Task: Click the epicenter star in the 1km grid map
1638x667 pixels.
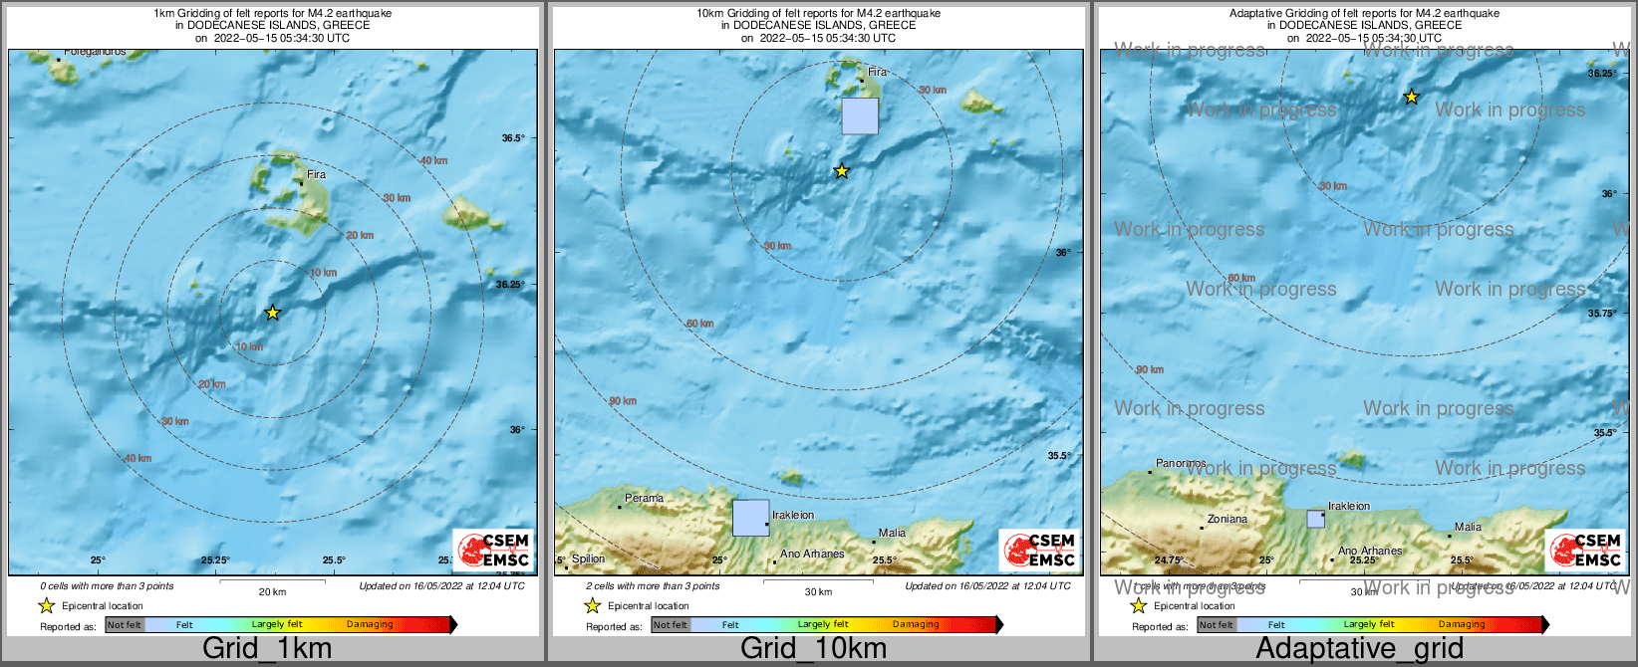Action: pos(272,313)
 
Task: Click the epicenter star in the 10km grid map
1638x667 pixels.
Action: pos(841,171)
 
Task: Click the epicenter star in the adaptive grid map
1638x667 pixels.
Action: pos(1411,97)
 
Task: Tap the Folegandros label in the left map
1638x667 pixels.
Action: pos(95,52)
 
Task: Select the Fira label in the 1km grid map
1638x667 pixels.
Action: pos(316,174)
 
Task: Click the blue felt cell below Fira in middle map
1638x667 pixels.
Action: pos(860,115)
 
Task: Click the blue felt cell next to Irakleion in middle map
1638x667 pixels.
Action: pos(750,518)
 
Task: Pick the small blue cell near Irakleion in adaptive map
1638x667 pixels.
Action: pos(1316,519)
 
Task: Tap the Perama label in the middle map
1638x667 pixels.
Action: pos(644,498)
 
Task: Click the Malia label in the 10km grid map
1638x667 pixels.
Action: pos(892,533)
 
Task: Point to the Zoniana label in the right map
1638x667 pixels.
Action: pos(1227,519)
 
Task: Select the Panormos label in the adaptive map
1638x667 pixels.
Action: pos(1181,464)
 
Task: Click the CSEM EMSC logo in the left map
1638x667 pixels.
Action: pos(493,550)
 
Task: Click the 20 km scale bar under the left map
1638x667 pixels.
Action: pos(272,581)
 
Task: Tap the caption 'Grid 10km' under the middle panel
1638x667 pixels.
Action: pos(813,648)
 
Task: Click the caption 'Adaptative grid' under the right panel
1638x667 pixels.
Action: pos(1359,648)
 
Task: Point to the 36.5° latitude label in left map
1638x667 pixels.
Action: pos(512,138)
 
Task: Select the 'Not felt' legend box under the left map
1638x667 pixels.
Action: pos(125,625)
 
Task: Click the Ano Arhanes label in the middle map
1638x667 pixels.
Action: pos(812,554)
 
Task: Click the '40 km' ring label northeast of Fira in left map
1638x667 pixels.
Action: pos(433,161)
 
